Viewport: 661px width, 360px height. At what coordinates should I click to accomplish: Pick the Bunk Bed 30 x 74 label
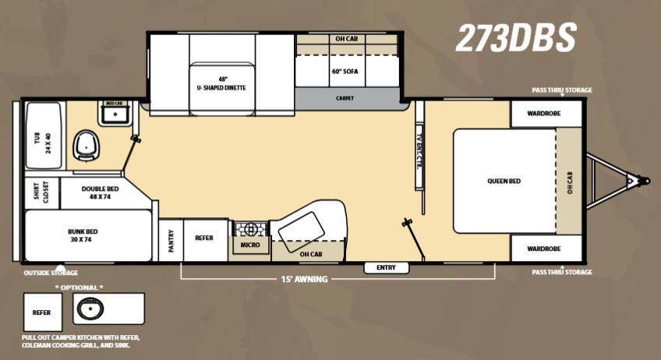click(x=80, y=236)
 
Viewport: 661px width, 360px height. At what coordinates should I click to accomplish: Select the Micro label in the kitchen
click(x=249, y=245)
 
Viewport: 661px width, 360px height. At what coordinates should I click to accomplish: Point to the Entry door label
click(x=386, y=267)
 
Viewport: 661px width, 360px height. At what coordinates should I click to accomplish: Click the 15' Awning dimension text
click(x=304, y=278)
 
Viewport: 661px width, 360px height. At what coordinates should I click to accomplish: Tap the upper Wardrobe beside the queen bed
click(x=546, y=114)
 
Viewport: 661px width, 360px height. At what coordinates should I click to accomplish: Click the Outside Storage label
click(x=51, y=273)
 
